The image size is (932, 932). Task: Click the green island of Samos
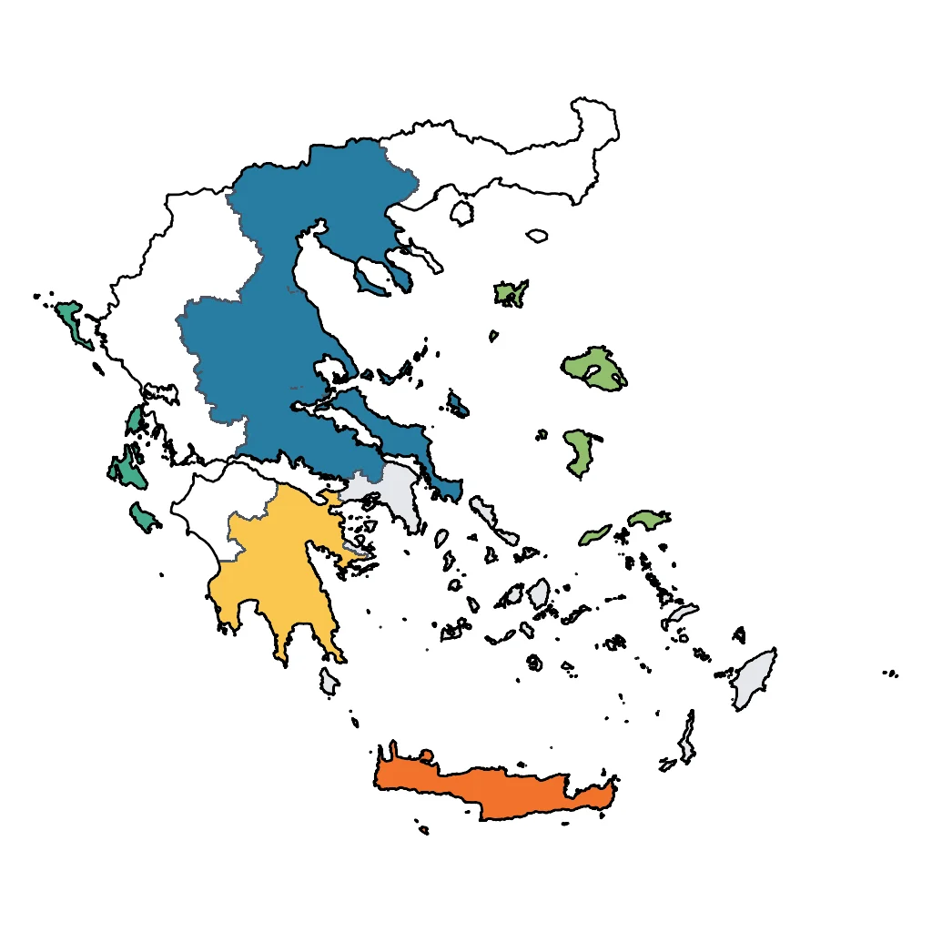(647, 520)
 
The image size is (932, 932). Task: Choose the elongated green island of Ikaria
(596, 533)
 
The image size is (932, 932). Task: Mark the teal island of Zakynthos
(143, 517)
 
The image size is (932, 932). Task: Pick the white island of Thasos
(462, 213)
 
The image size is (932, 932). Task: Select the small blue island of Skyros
(456, 403)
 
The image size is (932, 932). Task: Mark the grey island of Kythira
(329, 680)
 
